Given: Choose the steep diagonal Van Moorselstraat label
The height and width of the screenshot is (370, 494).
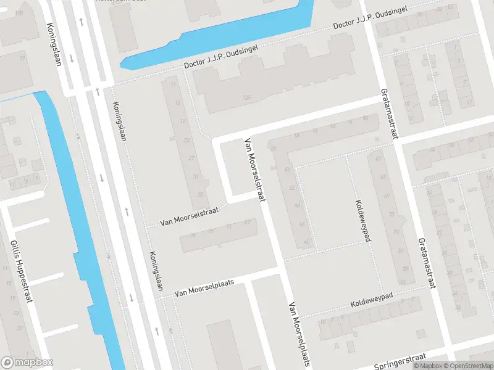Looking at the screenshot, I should [254, 170].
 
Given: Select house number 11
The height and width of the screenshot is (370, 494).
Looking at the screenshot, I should [173, 85].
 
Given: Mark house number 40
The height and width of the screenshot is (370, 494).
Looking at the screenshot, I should [307, 242].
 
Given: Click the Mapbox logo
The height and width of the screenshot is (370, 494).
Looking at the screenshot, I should [27, 363].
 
